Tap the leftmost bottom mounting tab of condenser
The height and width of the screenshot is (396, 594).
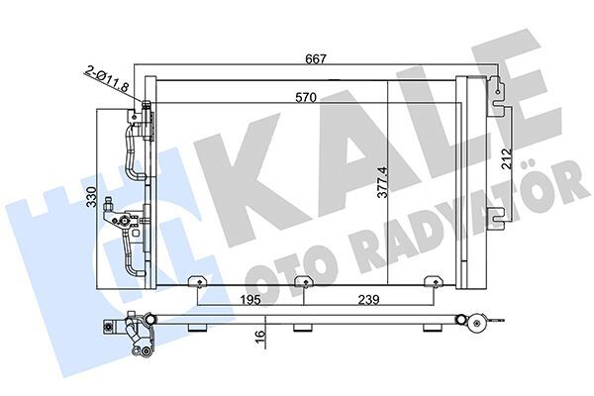pos(199,285)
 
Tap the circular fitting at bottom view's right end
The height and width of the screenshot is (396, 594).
pos(479,321)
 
